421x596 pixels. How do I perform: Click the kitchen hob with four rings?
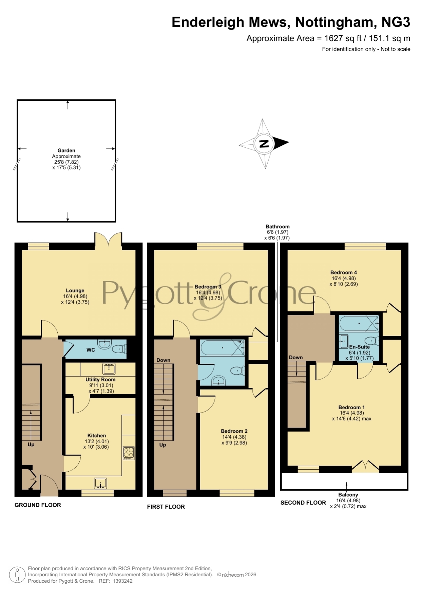click(129, 453)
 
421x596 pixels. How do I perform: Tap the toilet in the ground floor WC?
click(119, 349)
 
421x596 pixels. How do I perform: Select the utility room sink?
click(109, 368)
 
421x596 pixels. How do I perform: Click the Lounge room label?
click(75, 291)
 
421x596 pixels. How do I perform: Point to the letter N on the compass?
click(264, 144)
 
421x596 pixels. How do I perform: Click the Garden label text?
click(66, 150)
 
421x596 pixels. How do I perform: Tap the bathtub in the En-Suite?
click(359, 324)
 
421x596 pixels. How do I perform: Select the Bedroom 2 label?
click(234, 431)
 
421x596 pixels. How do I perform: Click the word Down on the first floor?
click(164, 360)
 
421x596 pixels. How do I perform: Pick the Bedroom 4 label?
click(344, 272)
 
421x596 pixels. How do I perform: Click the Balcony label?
click(348, 495)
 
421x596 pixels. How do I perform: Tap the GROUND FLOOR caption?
click(38, 505)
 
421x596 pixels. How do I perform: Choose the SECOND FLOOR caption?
click(303, 503)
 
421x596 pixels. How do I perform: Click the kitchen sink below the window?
click(100, 483)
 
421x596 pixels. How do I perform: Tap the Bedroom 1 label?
click(352, 407)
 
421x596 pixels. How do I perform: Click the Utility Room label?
click(100, 380)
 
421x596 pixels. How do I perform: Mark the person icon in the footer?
click(17, 575)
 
